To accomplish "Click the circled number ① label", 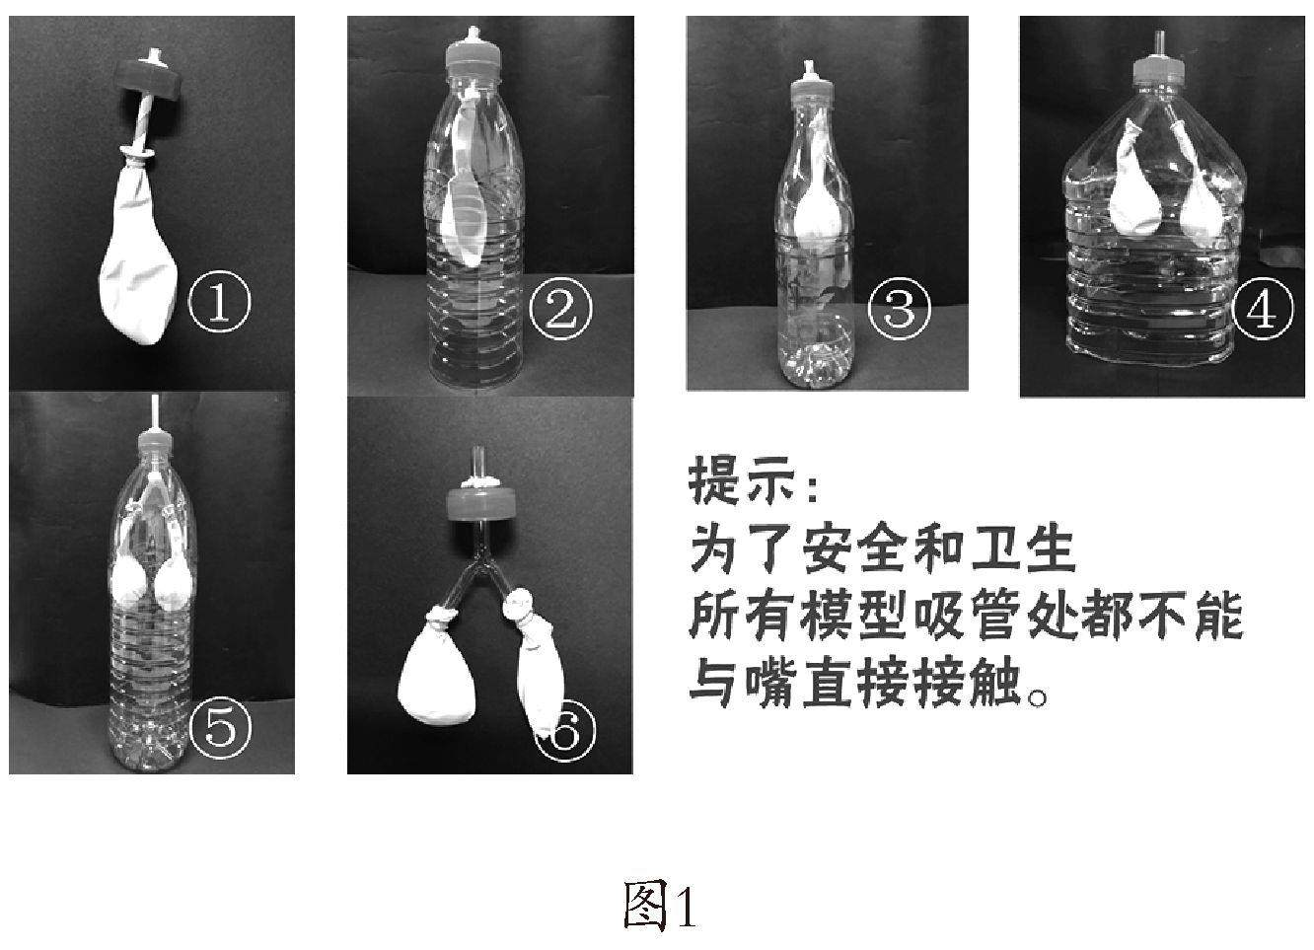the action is click(219, 301).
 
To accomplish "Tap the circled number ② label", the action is click(560, 309).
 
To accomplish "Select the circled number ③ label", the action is click(900, 309).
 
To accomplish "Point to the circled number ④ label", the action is click(1263, 308).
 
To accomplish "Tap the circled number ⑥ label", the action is click(564, 730).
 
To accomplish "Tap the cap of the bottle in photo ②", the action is click(474, 57).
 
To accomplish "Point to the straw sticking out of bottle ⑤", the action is click(155, 413).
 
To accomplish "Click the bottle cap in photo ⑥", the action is click(481, 506).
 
